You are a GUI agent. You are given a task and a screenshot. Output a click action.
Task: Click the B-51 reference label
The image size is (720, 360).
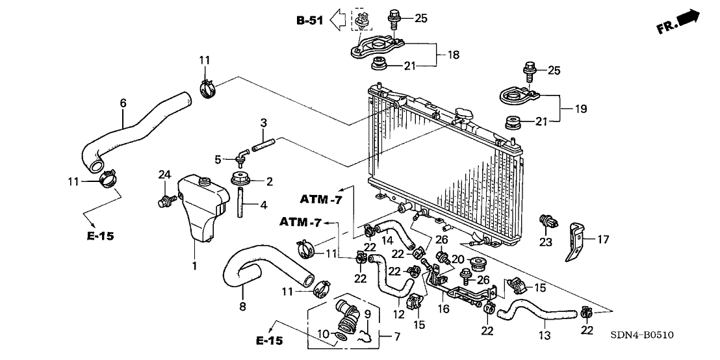(x=309, y=21)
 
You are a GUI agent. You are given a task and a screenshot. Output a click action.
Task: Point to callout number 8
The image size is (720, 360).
(x=242, y=306)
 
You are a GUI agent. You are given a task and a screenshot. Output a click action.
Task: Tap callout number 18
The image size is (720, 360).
(x=454, y=55)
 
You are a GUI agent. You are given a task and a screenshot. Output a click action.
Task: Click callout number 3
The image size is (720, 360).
(x=263, y=122)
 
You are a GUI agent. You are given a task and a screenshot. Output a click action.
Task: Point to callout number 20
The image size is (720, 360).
(x=457, y=259)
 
